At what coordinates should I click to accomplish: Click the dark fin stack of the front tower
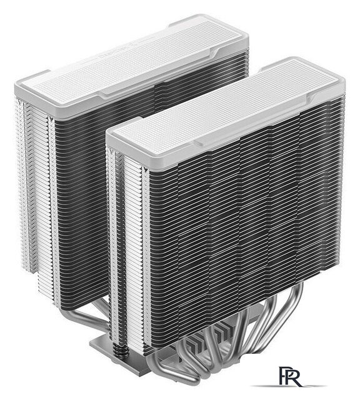pos(244,219)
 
